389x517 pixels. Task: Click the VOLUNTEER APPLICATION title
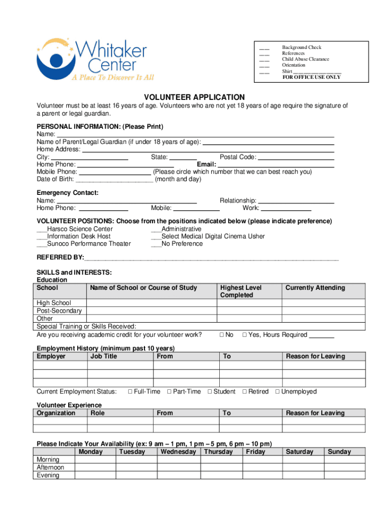point(194,97)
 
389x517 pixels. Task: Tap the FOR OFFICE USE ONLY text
point(311,77)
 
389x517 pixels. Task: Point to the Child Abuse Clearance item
point(305,59)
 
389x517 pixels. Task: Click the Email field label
point(206,165)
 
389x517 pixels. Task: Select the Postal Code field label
point(238,157)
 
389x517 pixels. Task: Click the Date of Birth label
point(55,179)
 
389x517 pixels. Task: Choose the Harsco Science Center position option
point(79,229)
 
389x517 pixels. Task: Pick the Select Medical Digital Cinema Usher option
point(213,236)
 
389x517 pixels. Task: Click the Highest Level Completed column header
point(241,291)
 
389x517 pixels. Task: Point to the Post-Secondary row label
point(59,311)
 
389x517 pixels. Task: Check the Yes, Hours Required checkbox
point(245,335)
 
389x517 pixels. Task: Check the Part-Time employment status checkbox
point(170,392)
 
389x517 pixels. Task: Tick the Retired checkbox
point(245,392)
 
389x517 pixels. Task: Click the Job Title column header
point(104,356)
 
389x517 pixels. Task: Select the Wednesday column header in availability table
point(178,452)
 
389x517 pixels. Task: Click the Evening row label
point(48,475)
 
